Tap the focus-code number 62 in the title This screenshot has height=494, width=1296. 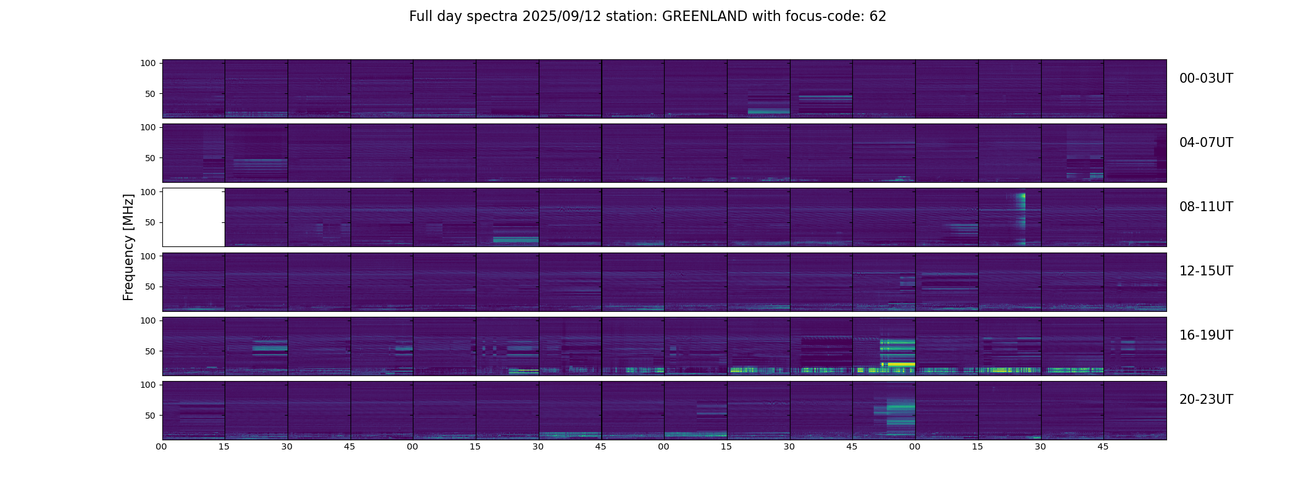878,17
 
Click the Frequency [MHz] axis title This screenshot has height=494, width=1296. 128,247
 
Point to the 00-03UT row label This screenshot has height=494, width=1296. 1206,78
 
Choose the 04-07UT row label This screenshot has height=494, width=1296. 1206,143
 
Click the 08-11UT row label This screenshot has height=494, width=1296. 1206,207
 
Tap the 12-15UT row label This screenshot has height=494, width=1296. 1206,271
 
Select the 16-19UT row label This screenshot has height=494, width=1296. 1206,335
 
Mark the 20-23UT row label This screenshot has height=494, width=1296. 1206,400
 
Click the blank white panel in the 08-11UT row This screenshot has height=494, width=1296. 193,217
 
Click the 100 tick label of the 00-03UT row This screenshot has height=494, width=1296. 148,64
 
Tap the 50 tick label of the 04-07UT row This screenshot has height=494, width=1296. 150,158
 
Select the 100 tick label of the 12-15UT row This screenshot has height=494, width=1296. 148,256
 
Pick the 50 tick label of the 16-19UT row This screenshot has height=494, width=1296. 150,351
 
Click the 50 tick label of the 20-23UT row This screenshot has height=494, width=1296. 150,416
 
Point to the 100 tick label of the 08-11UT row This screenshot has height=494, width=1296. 148,192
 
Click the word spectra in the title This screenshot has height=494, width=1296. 493,17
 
